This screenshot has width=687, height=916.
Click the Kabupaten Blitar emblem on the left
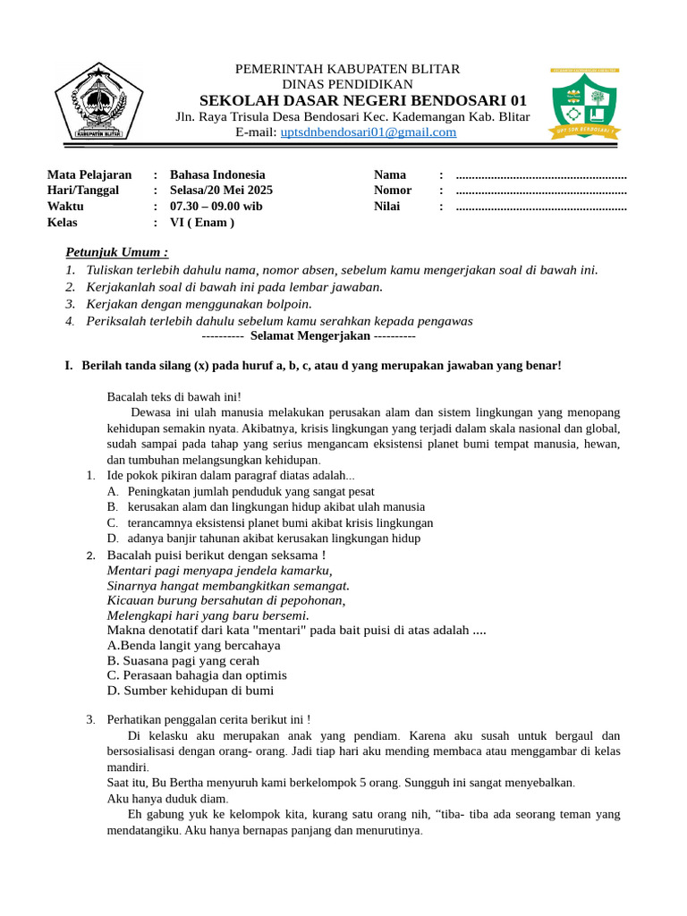coord(98,103)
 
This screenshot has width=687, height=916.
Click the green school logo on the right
coord(585,105)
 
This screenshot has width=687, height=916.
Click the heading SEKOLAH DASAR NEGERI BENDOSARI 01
coord(363,99)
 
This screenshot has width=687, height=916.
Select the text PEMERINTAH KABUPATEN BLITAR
coord(347,69)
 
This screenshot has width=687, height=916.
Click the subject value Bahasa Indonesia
coord(217,174)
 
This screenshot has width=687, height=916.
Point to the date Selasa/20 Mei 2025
coord(222,191)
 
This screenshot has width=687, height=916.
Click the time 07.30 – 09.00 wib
coord(216,207)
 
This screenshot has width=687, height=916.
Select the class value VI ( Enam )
coord(202,223)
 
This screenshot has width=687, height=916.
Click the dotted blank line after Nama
coord(541,175)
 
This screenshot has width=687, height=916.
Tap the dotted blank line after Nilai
coord(541,208)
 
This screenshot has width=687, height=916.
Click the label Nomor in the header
coord(393,191)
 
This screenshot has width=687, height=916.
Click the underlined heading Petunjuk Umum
coord(117,253)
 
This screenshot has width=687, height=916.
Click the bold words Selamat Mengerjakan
coord(310,335)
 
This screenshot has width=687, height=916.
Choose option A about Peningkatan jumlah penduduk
coord(250,491)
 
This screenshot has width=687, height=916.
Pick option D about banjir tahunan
coord(273,539)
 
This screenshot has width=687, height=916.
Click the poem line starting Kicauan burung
coord(226,600)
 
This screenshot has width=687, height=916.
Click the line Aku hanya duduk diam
coord(167,799)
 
